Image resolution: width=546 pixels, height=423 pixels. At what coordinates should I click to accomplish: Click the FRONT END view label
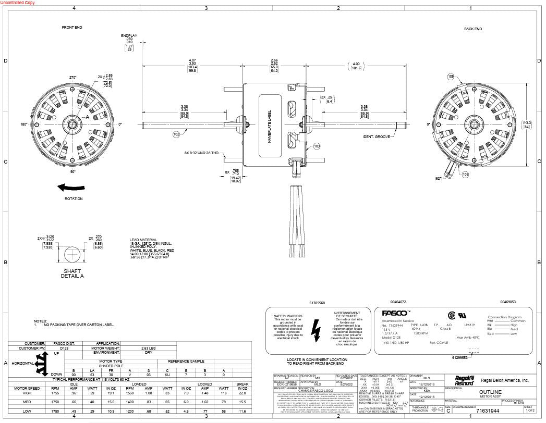click(72, 27)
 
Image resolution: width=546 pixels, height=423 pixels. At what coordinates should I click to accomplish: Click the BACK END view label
click(472, 29)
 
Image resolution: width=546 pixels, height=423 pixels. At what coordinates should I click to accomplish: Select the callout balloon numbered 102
click(176, 134)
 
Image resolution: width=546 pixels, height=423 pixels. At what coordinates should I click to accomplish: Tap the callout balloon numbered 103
click(317, 146)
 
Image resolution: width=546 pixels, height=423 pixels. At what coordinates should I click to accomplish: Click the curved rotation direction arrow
click(72, 188)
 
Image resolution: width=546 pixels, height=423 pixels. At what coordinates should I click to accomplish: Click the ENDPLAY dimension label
click(129, 35)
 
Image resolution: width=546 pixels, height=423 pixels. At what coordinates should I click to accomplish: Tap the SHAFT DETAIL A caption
click(72, 273)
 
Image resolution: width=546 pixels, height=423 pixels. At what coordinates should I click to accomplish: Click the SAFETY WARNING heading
click(287, 316)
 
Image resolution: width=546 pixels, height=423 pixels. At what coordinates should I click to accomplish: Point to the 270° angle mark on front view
click(72, 77)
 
